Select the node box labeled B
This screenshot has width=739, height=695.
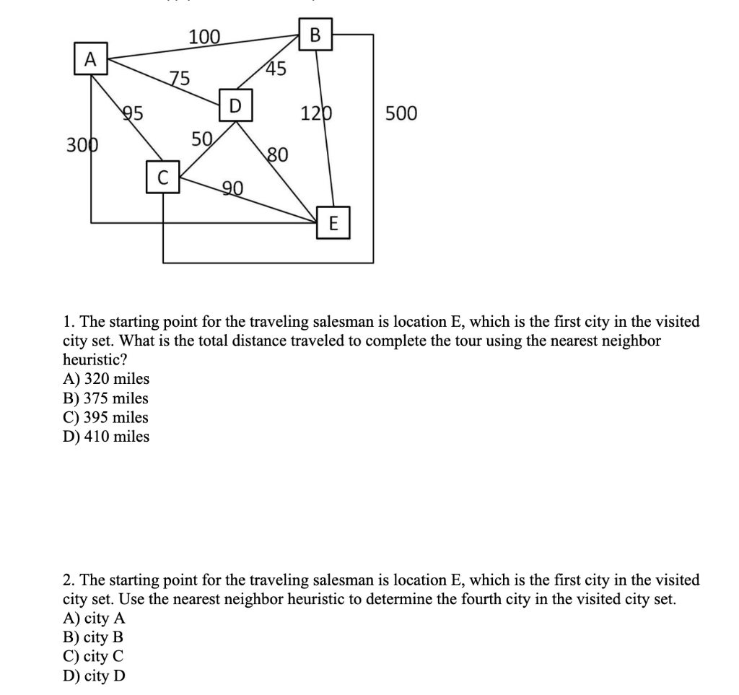(x=315, y=35)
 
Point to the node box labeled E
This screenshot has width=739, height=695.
(x=333, y=223)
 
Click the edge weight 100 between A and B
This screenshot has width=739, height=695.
(x=204, y=37)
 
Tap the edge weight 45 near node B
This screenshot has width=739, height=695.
(x=275, y=69)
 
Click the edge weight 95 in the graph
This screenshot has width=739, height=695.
(x=134, y=113)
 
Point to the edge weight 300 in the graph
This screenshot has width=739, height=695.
(x=82, y=144)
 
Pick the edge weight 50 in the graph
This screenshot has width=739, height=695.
(x=201, y=139)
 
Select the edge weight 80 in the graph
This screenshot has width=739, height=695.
(x=278, y=154)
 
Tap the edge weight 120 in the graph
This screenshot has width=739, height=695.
(x=317, y=114)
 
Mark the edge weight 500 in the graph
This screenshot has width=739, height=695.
(x=401, y=114)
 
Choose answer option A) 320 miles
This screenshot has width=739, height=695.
(x=106, y=379)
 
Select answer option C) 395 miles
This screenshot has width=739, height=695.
(x=106, y=417)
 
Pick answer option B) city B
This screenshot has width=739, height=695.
(x=93, y=638)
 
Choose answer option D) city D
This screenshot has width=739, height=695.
(x=94, y=676)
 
